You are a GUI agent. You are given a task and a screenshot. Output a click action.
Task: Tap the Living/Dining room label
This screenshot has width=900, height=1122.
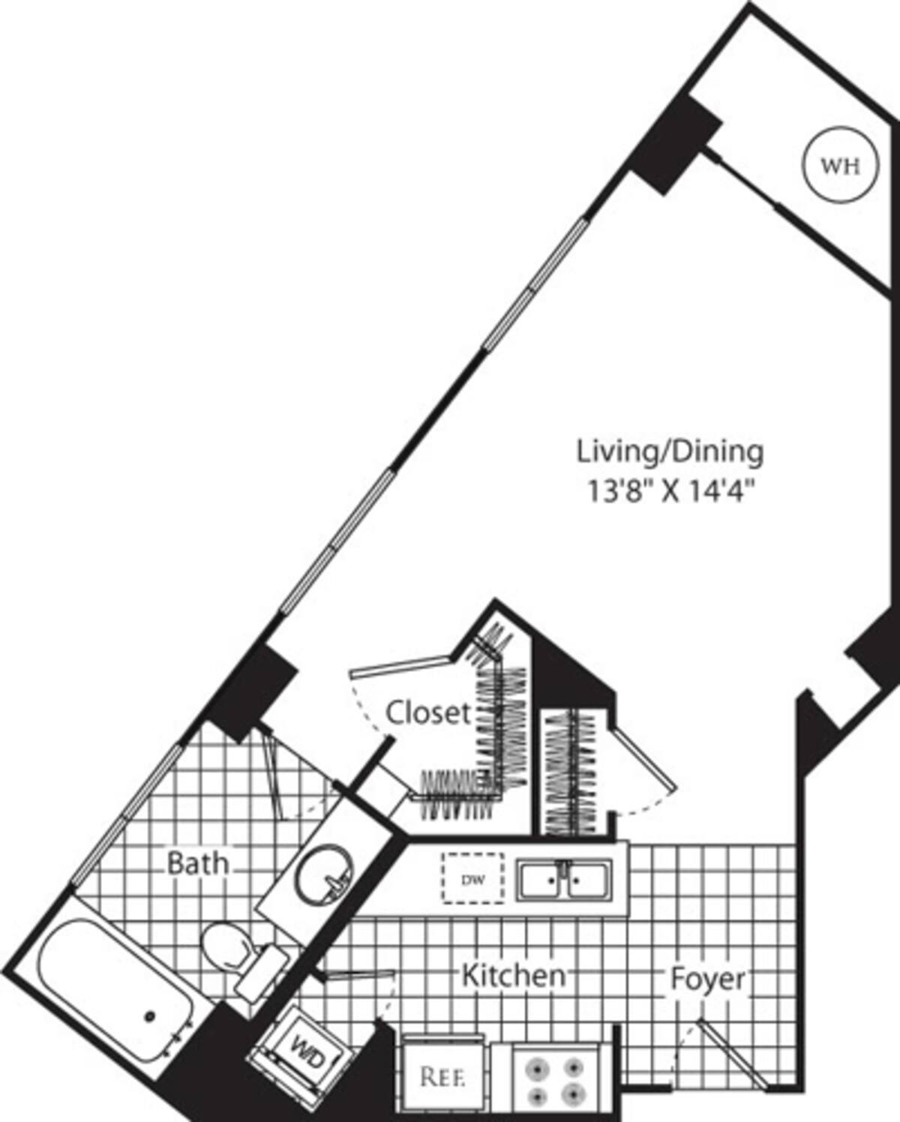(x=670, y=451)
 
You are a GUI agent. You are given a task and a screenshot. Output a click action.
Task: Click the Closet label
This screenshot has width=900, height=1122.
(x=428, y=712)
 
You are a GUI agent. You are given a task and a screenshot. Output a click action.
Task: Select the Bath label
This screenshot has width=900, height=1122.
(x=197, y=863)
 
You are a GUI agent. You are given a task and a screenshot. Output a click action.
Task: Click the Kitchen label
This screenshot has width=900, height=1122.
(x=513, y=976)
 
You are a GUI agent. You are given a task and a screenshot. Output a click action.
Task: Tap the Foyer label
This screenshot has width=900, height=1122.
(x=708, y=979)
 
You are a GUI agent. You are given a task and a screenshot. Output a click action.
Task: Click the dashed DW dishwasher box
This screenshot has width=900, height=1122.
(x=472, y=878)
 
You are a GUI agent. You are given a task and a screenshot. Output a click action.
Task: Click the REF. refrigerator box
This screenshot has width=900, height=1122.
(x=442, y=1078)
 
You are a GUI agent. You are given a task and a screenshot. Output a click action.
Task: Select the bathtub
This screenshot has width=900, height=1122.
(x=112, y=990)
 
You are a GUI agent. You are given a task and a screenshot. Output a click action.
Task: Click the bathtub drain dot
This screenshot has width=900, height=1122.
(x=150, y=1016)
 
